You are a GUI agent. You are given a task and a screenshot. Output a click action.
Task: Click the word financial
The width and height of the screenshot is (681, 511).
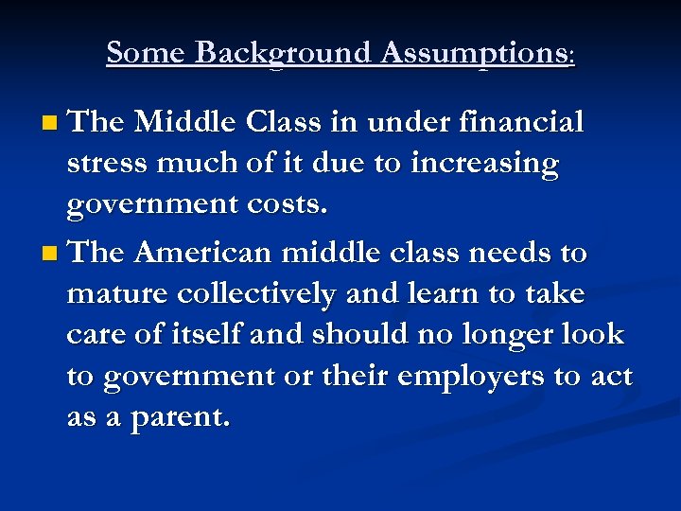(522, 121)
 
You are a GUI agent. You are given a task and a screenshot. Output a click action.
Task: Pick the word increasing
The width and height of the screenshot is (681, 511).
(481, 165)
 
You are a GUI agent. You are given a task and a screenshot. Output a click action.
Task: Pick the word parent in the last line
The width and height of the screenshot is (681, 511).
(178, 418)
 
